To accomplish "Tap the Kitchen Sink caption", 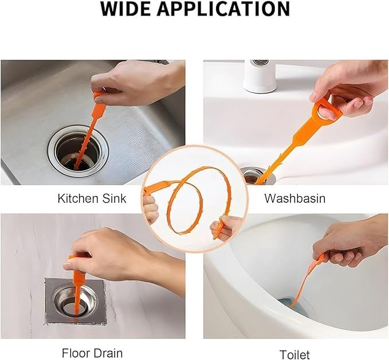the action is (x=92, y=198).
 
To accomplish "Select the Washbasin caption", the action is (x=294, y=198).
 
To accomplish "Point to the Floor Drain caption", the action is (x=92, y=353).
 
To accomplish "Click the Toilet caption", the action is (x=294, y=354).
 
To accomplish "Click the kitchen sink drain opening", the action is (x=78, y=152).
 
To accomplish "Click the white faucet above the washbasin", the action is (x=260, y=76).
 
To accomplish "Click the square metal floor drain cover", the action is (x=76, y=301).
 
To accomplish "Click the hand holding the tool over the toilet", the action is (x=350, y=239).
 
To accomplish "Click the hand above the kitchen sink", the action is (x=134, y=83).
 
